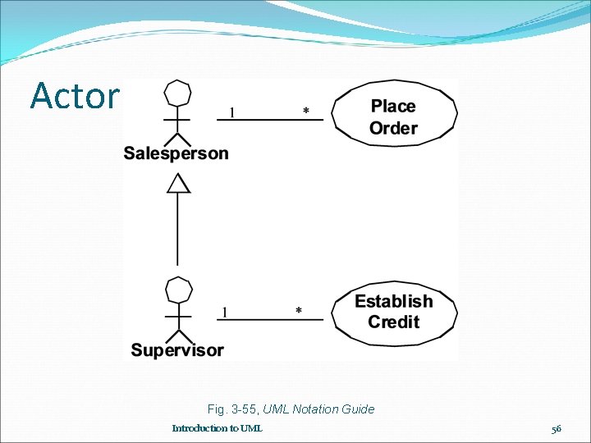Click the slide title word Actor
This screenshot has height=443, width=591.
tap(75, 96)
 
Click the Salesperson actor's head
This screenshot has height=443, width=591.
tap(177, 93)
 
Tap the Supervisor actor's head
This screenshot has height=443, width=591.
tap(178, 290)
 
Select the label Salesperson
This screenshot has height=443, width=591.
tap(176, 153)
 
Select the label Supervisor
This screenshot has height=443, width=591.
tap(177, 350)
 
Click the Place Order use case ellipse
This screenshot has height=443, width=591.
tap(394, 116)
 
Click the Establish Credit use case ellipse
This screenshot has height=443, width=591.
tap(394, 312)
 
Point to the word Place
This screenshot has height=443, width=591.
tap(393, 106)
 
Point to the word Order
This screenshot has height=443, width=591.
tap(393, 128)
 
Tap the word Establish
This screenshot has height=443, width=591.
tap(393, 301)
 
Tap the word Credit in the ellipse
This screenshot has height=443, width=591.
tap(393, 322)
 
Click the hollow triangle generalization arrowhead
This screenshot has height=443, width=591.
tap(178, 183)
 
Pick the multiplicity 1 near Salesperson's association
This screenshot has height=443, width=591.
tap(231, 112)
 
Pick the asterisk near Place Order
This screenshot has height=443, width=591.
tap(306, 112)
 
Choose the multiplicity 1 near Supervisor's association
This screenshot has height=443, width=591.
tap(225, 311)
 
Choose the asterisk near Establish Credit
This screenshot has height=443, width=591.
tap(298, 311)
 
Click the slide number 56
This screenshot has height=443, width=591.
tap(557, 428)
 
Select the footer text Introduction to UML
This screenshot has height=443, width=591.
tap(218, 428)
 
